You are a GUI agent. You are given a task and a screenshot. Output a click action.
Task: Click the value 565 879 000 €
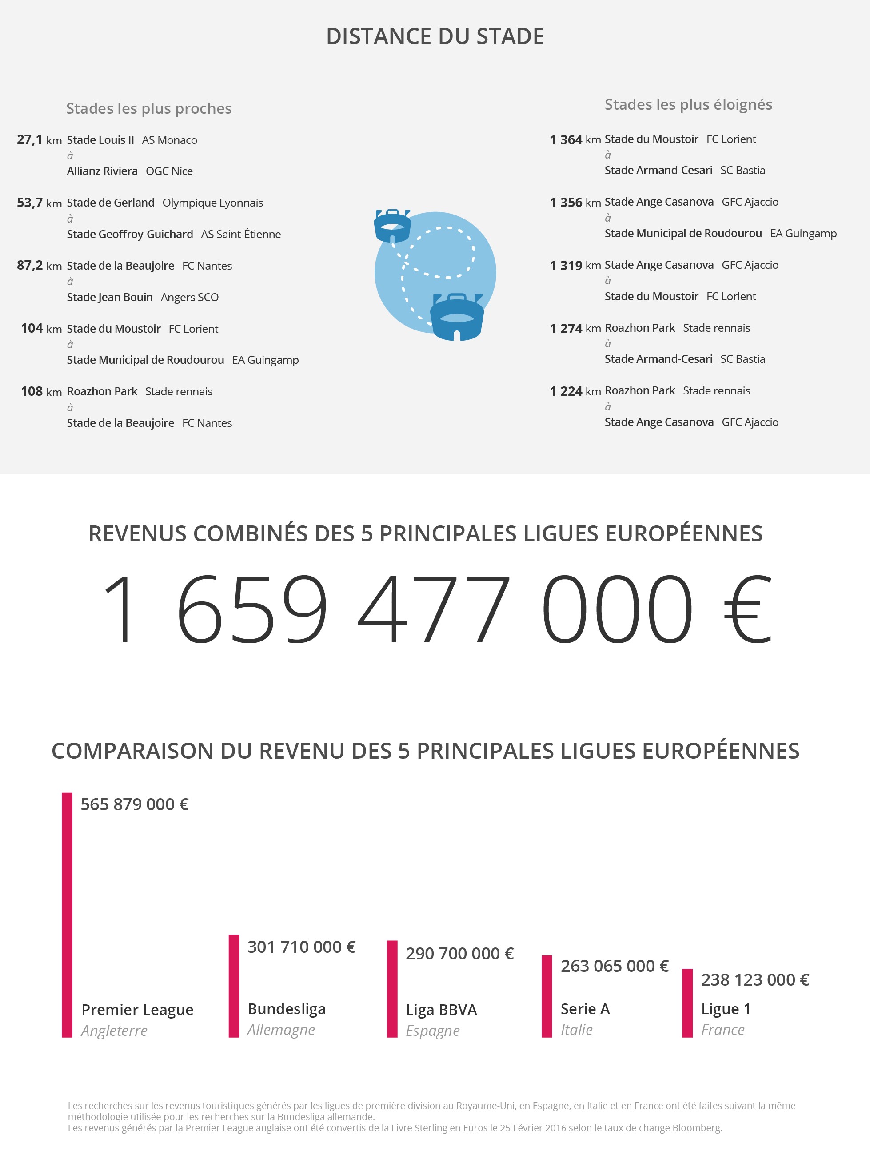(x=135, y=804)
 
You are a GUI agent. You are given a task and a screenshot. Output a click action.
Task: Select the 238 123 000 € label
(x=755, y=979)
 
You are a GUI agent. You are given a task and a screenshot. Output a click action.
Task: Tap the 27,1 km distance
(x=39, y=140)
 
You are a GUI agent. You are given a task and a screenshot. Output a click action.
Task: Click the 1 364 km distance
(x=575, y=140)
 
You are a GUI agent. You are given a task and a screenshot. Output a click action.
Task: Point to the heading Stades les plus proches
(x=149, y=108)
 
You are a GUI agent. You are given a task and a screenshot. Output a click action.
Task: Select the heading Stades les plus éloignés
(x=688, y=105)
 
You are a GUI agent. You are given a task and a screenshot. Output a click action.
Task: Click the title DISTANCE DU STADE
(x=435, y=36)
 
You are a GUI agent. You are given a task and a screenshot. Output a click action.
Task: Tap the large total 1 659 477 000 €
(x=436, y=609)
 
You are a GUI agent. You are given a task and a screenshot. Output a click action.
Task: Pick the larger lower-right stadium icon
(x=457, y=317)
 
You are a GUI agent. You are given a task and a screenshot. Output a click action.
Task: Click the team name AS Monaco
(x=170, y=140)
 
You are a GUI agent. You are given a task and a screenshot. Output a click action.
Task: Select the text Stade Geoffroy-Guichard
(x=130, y=234)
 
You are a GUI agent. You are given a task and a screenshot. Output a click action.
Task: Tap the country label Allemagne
(x=281, y=1030)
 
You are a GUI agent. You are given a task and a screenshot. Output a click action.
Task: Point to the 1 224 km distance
(x=575, y=391)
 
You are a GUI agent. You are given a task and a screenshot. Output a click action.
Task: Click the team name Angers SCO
(x=190, y=297)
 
